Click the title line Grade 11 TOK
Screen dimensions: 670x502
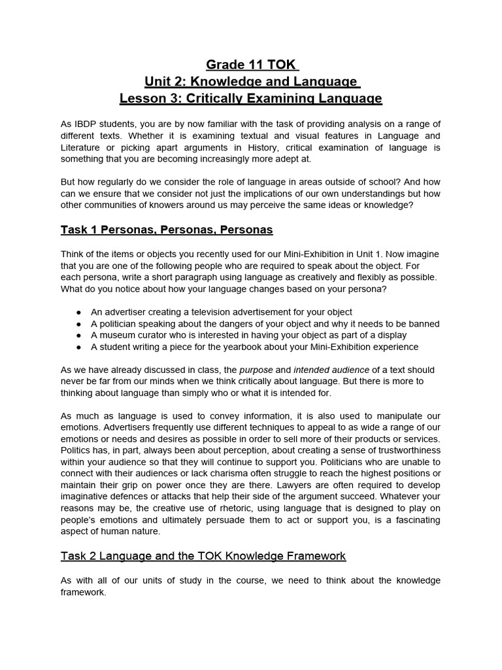pos(251,65)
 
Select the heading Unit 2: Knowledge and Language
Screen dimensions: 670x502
pos(251,82)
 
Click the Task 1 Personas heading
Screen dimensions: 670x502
pos(167,230)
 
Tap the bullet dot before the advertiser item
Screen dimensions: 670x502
pos(78,312)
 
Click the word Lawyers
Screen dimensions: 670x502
pos(265,485)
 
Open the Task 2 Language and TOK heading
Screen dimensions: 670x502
pos(203,555)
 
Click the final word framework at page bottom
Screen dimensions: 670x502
pos(84,593)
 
